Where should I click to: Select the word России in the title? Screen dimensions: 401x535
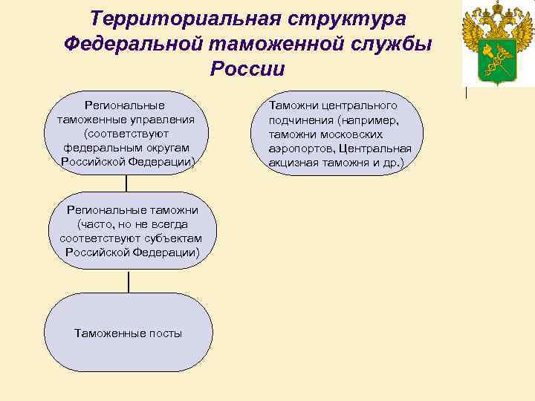click(x=247, y=69)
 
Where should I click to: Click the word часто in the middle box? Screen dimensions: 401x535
click(x=94, y=224)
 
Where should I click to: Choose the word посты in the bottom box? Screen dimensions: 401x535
click(x=165, y=333)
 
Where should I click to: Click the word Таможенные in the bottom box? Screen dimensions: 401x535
click(x=109, y=333)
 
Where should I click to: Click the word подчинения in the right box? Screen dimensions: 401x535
click(x=299, y=120)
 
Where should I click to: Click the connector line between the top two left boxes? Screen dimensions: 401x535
click(x=126, y=183)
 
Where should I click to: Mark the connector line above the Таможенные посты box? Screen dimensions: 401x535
click(x=129, y=281)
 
